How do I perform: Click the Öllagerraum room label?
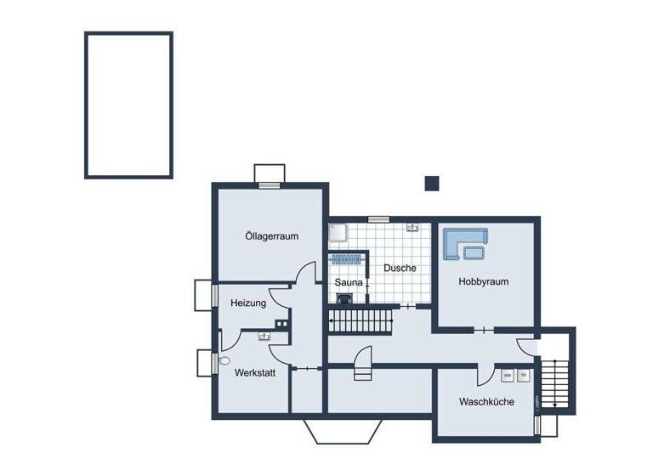point(271,236)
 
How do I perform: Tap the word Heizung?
point(248,303)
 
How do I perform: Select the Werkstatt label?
point(255,372)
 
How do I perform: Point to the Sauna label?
point(349,282)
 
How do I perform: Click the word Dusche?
point(400,268)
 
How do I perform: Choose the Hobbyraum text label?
point(483,281)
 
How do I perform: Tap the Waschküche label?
point(486,401)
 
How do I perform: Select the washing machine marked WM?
point(508,375)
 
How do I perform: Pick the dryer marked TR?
point(524,375)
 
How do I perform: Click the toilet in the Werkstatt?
point(224,361)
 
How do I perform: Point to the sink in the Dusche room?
point(412,228)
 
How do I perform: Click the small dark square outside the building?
point(432,183)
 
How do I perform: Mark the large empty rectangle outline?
point(128,105)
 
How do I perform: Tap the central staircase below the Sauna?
point(361,322)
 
